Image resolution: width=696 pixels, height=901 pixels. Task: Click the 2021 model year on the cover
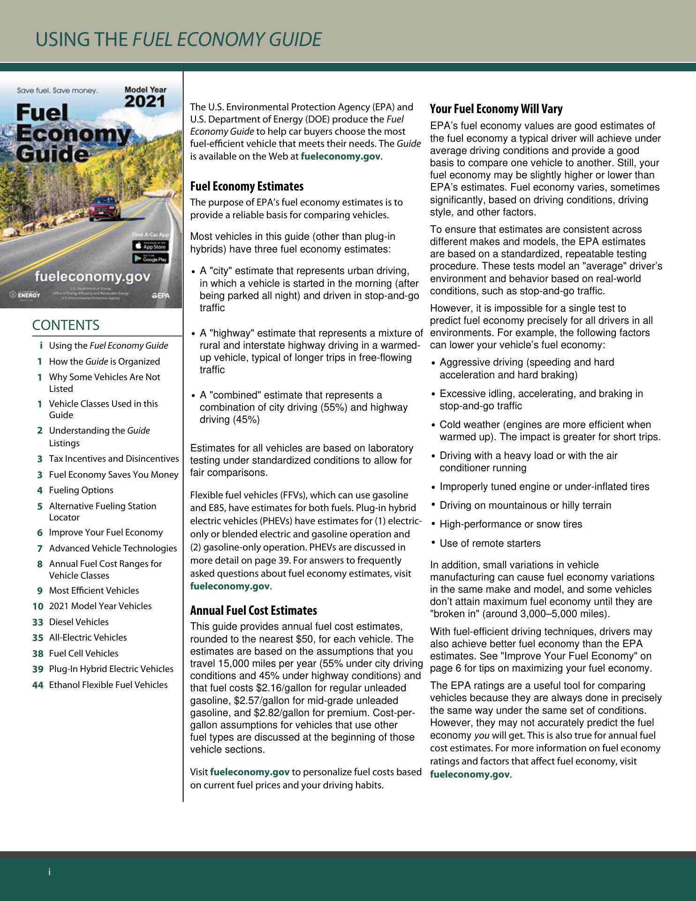click(145, 101)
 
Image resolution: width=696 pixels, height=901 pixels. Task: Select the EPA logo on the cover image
click(160, 296)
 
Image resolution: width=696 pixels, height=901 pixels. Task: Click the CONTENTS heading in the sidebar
click(66, 325)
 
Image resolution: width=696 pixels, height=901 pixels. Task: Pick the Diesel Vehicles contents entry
click(79, 622)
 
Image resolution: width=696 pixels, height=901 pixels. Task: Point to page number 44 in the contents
click(38, 685)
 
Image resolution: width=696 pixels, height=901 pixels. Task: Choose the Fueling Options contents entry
click(81, 490)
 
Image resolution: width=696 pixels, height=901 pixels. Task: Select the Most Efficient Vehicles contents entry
click(94, 590)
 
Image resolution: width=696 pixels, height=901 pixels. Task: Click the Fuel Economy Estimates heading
click(247, 186)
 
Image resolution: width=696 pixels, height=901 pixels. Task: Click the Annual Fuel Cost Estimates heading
click(253, 611)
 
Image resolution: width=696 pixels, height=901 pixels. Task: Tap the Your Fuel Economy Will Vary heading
click(496, 109)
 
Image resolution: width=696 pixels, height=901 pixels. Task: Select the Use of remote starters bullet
click(490, 543)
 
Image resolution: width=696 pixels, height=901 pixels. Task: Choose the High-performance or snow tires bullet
click(511, 524)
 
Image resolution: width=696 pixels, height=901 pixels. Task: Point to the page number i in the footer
click(49, 872)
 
